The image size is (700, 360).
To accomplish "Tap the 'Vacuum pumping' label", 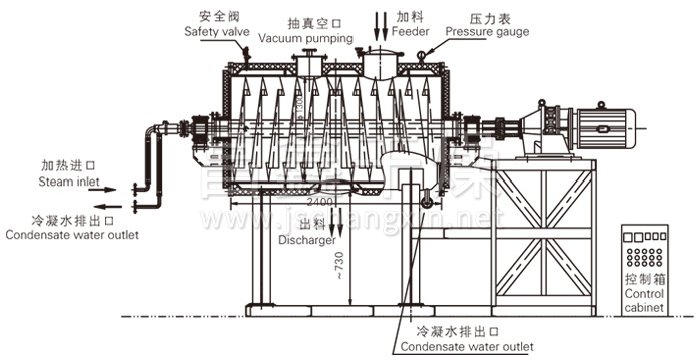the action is [306, 38].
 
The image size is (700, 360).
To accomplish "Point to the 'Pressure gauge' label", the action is [488, 31].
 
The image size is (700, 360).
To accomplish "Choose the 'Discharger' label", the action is [306, 240].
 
